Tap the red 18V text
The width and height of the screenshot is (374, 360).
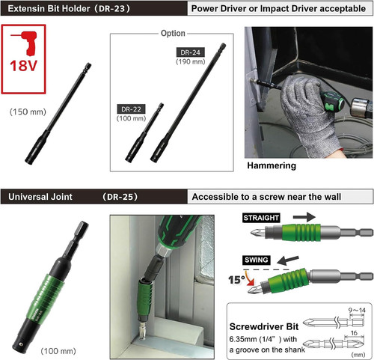(x=23, y=66)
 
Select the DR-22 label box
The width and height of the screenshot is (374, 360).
(x=131, y=109)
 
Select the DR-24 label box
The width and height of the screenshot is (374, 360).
(x=191, y=52)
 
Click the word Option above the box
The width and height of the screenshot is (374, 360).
(x=173, y=33)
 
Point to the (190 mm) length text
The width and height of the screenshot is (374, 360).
(x=191, y=61)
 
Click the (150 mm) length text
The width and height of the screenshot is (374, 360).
(x=28, y=112)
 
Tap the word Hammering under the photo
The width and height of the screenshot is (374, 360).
(x=272, y=165)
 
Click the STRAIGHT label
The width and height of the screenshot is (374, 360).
(x=261, y=218)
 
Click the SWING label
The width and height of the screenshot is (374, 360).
(x=257, y=260)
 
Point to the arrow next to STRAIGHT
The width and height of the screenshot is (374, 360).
(x=304, y=217)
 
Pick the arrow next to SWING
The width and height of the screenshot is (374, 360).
(x=288, y=260)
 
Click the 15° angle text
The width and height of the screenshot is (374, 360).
(x=236, y=280)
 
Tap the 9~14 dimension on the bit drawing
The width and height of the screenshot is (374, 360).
(x=357, y=310)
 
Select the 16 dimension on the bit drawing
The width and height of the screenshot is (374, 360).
(x=354, y=333)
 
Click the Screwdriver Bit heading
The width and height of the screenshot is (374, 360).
(x=264, y=326)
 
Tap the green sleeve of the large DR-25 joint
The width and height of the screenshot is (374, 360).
(x=46, y=296)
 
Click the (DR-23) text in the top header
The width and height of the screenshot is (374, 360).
(x=113, y=8)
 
